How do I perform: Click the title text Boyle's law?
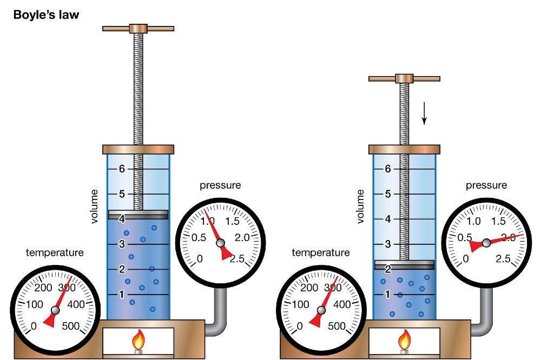click(46, 15)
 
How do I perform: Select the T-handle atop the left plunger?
click(138, 28)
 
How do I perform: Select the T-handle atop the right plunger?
click(404, 78)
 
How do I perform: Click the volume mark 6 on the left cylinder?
click(122, 169)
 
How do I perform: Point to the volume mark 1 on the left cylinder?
click(122, 295)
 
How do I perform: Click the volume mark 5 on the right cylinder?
click(388, 194)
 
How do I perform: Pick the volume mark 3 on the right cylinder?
click(388, 244)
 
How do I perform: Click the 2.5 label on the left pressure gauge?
click(236, 258)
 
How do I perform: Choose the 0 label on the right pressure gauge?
click(466, 259)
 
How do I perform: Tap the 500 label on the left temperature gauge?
click(75, 326)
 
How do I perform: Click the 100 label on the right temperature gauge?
click(300, 305)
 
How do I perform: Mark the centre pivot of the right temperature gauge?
click(321, 310)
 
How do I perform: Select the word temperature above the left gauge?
click(55, 252)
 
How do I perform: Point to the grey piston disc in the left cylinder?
click(138, 215)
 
